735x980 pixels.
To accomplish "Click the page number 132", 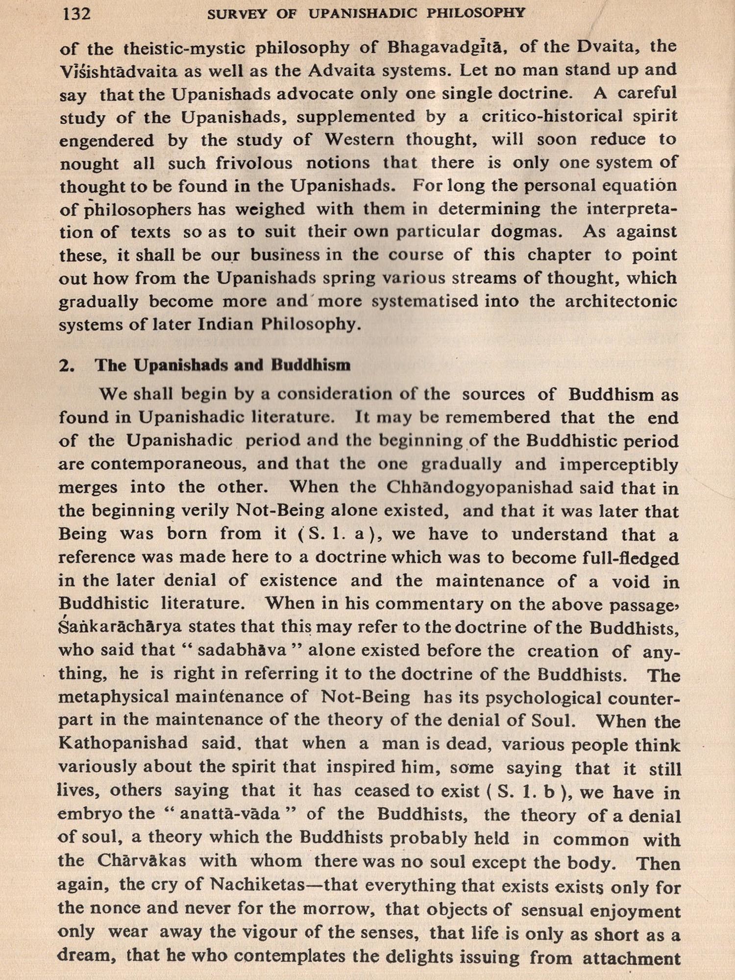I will tap(77, 13).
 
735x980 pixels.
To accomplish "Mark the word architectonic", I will tap(621, 301).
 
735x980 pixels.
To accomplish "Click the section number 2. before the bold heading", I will tap(66, 366).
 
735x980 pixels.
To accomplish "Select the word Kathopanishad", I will tap(122, 743).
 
